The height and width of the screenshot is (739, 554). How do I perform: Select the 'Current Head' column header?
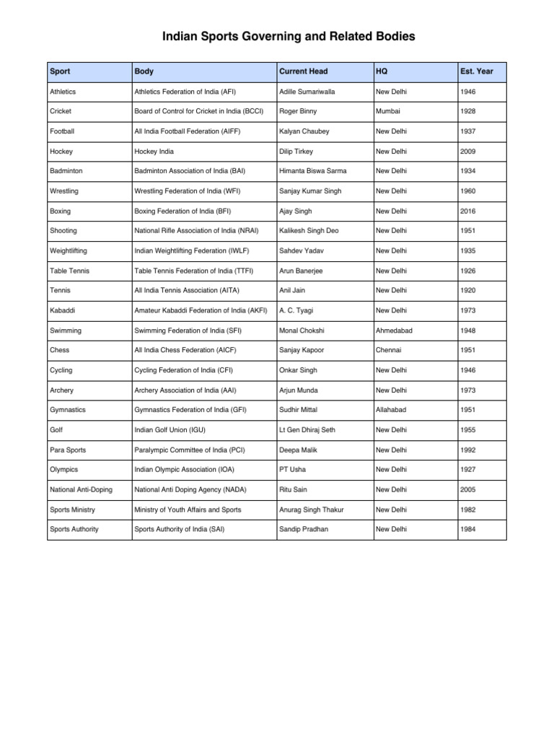[x=303, y=72]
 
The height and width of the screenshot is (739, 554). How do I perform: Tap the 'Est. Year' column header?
[x=476, y=72]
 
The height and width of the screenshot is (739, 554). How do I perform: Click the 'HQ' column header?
[x=382, y=72]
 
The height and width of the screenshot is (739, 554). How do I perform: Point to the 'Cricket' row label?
[x=61, y=112]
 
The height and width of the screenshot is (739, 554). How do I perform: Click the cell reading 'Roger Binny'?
[x=298, y=112]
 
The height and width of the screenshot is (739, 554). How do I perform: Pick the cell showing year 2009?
[x=468, y=152]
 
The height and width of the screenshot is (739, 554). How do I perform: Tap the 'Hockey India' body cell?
[x=154, y=152]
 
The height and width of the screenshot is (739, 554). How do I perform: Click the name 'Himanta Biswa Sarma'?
[x=312, y=171]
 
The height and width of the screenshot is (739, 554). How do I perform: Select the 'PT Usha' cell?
[x=293, y=469]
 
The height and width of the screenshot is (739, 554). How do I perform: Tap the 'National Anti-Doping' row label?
[x=81, y=489]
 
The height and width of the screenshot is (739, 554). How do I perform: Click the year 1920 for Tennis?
[x=468, y=290]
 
